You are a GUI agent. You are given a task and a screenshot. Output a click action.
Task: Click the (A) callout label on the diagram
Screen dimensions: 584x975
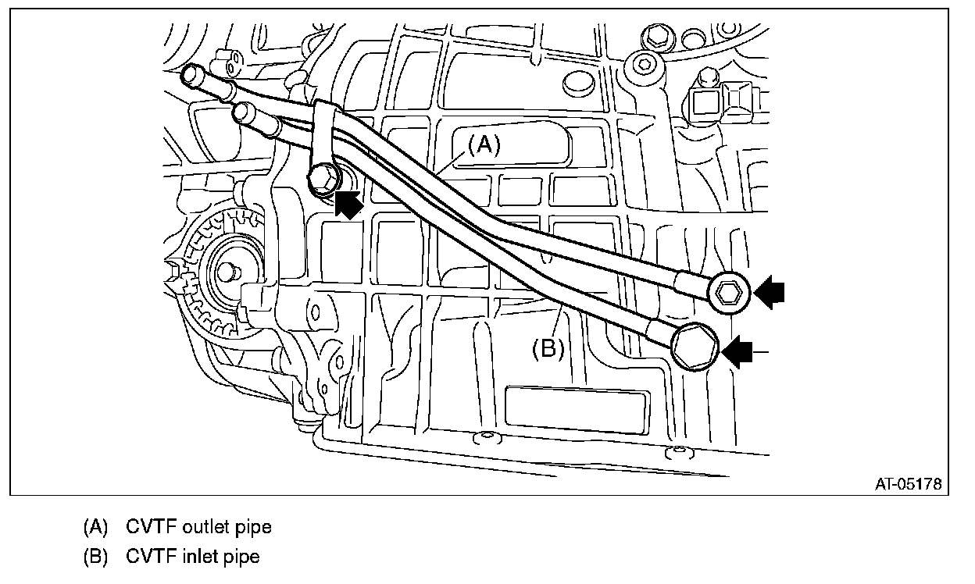(483, 146)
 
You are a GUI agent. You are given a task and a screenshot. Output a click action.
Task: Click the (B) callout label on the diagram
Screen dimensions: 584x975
(548, 348)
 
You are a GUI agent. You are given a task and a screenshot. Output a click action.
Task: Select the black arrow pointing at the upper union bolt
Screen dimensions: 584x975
(770, 293)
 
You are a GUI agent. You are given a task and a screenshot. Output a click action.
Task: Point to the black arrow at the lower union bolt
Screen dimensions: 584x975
(741, 352)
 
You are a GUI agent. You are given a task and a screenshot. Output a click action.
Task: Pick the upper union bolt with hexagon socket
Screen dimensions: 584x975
(730, 293)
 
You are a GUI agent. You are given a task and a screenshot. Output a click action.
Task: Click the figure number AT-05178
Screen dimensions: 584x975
(908, 484)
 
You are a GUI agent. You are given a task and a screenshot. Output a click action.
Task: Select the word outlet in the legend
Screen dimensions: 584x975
(207, 527)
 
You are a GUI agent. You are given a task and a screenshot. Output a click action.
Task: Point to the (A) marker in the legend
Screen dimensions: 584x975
(96, 527)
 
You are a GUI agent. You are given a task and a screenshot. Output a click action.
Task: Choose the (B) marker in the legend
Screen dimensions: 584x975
(96, 557)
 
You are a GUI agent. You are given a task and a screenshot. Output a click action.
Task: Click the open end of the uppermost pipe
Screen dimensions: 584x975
(190, 75)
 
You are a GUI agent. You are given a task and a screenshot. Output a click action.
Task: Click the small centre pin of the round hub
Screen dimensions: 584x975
(227, 272)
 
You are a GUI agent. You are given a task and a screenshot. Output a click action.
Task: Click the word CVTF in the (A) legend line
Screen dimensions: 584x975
(152, 527)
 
